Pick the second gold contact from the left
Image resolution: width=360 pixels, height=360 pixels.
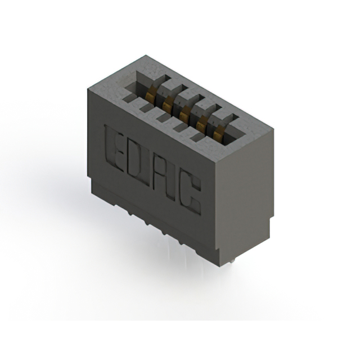pyautogui.click(x=167, y=105)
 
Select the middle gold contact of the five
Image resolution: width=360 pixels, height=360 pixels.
pyautogui.click(x=183, y=114)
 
